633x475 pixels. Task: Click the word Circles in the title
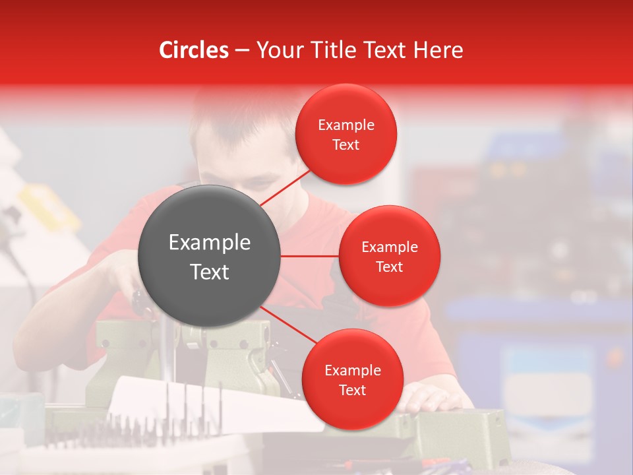tap(193, 50)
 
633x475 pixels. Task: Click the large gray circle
tap(210, 256)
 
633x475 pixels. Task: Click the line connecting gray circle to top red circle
tap(286, 187)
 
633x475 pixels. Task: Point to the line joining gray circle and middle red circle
tap(310, 256)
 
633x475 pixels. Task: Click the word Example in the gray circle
tap(210, 242)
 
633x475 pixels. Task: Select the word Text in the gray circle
tap(210, 271)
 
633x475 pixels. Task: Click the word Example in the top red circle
tap(346, 125)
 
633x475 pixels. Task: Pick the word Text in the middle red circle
tap(389, 267)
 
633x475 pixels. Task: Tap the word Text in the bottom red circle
tap(352, 390)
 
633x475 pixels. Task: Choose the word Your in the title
tap(277, 50)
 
